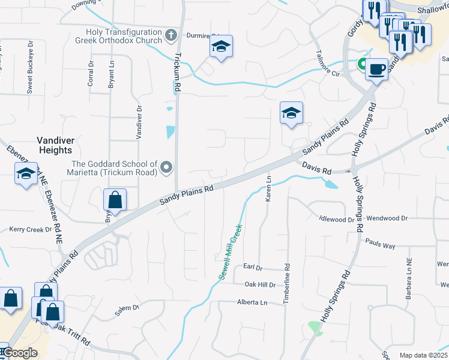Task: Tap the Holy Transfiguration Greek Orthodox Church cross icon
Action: tap(170, 35)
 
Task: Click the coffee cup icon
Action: tap(376, 70)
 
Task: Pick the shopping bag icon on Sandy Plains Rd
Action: tap(115, 200)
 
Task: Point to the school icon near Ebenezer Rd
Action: tap(26, 174)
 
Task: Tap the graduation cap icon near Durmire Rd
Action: tap(221, 47)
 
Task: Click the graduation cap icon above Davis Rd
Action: tap(291, 113)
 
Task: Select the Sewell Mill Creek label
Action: tap(230, 250)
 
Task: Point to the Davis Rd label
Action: tap(316, 167)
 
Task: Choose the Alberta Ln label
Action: tap(252, 302)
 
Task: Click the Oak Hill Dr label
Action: tap(259, 284)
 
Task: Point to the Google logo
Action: tap(20, 353)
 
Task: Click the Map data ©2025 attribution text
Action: tap(423, 355)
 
